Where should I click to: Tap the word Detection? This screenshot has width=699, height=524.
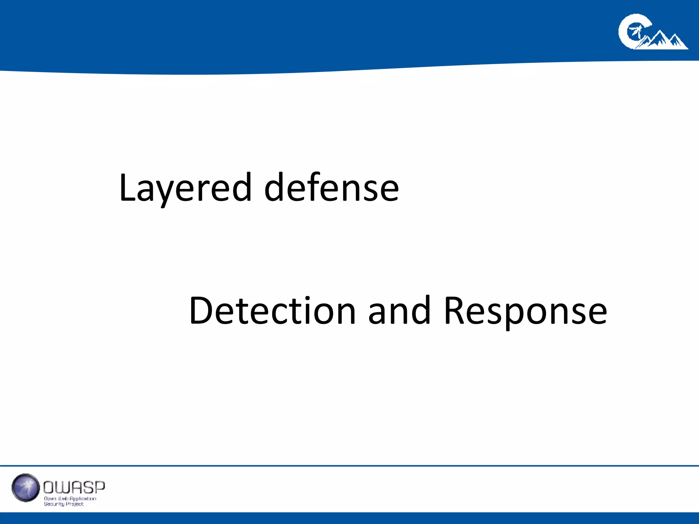(272, 310)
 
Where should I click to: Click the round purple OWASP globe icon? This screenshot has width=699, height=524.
(26, 487)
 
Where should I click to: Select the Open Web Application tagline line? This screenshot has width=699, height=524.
(70, 498)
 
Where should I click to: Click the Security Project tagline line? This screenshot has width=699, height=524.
(63, 504)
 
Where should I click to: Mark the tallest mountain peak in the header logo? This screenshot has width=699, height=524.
(658, 34)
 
